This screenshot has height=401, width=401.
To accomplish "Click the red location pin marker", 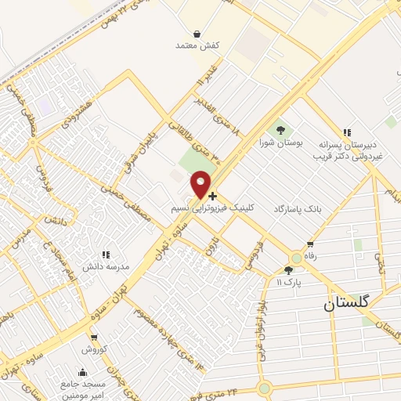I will click(201, 183).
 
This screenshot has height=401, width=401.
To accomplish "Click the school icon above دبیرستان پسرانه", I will click(346, 133).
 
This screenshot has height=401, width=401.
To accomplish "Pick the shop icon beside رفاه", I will click(311, 244).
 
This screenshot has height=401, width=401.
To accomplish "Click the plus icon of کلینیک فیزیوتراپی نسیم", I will click(213, 195).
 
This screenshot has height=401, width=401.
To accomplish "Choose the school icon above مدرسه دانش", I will click(106, 254).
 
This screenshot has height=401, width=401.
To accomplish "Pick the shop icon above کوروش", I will click(93, 338).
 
